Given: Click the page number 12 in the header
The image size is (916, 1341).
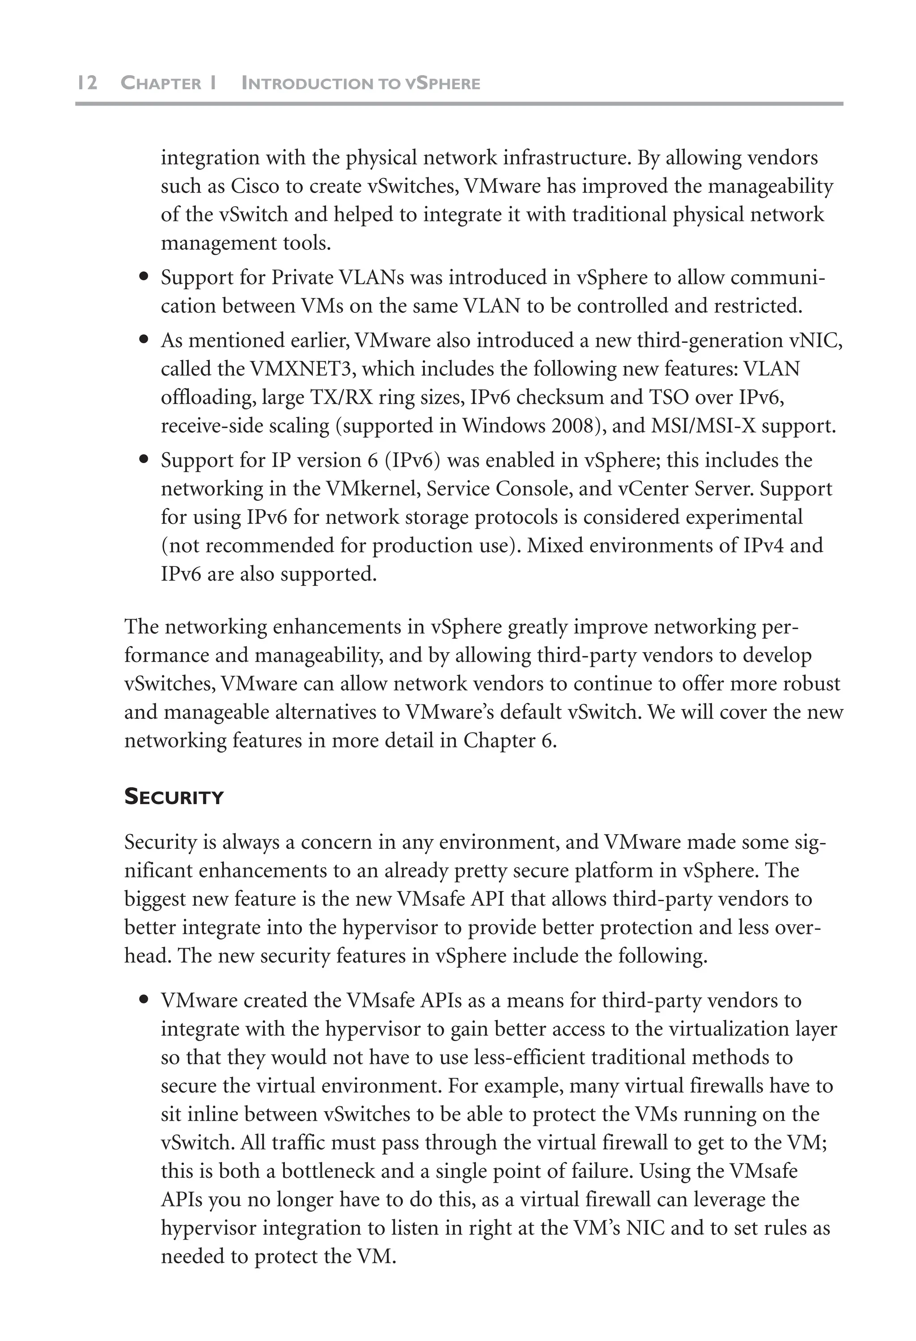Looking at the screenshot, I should [x=87, y=83].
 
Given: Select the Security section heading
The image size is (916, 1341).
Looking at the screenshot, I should [x=174, y=797].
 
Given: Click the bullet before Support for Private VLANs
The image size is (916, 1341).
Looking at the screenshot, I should [x=144, y=278].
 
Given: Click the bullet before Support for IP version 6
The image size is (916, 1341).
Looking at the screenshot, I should [x=144, y=460].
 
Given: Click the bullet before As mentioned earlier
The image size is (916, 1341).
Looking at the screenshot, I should [x=144, y=341].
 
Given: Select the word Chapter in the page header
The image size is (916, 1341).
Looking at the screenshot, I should [x=161, y=84].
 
